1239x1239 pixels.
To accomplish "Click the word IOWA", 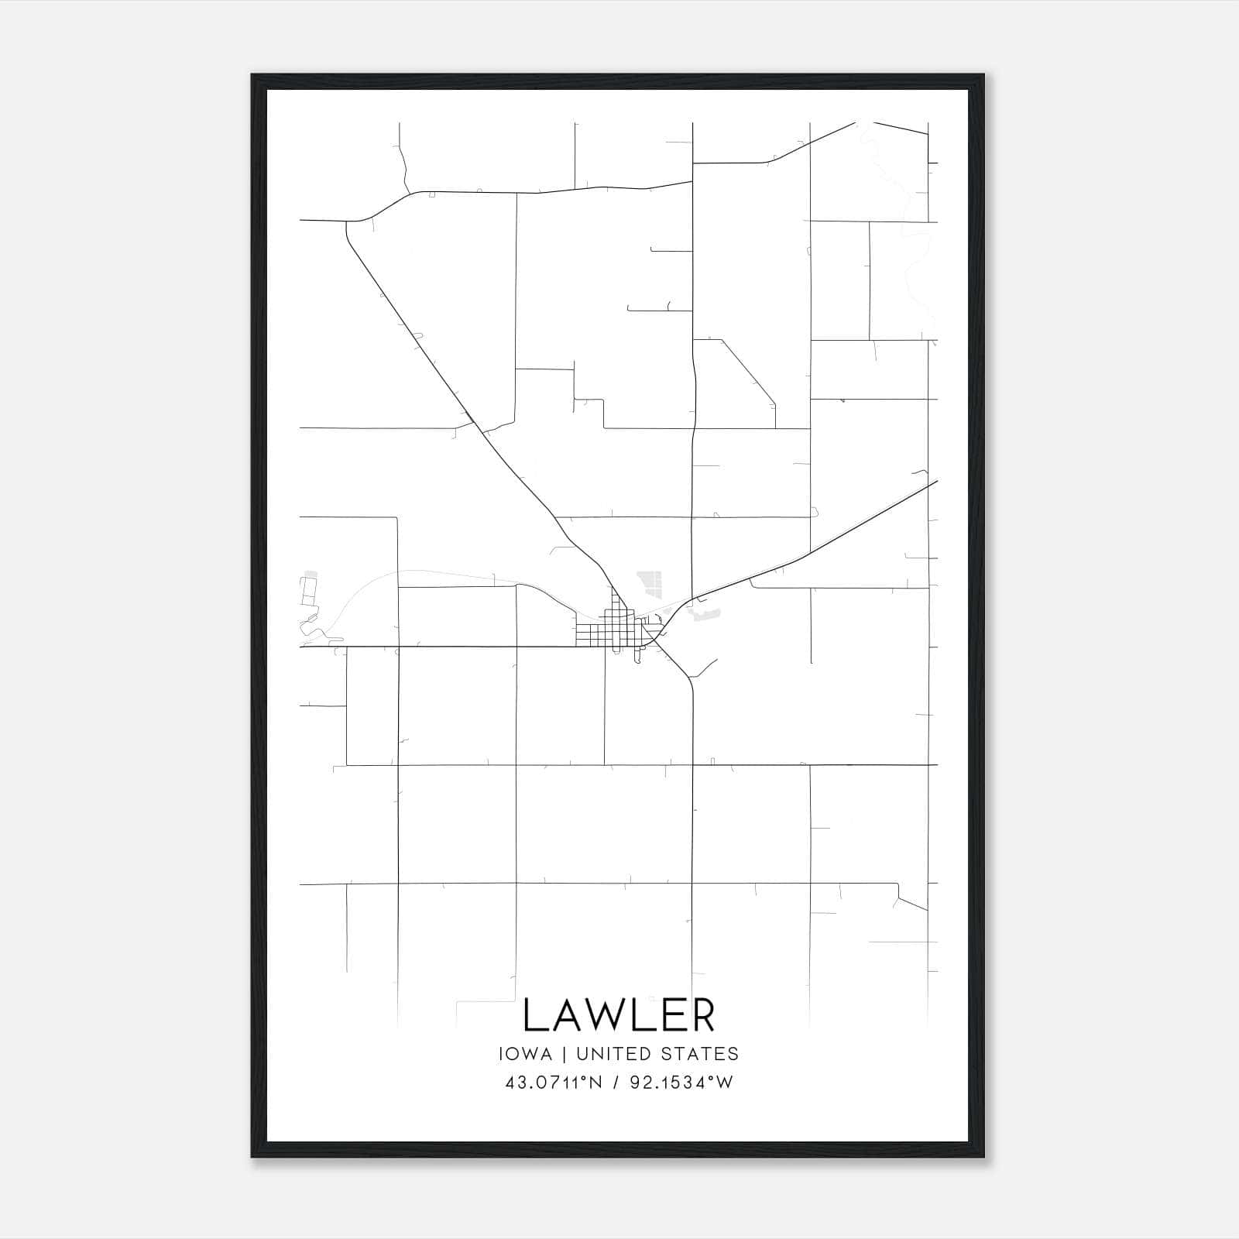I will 526,1054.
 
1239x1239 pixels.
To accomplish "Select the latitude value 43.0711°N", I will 553,1083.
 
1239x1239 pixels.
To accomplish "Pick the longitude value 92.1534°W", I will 681,1083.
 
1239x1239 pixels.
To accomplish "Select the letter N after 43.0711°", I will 595,1083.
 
